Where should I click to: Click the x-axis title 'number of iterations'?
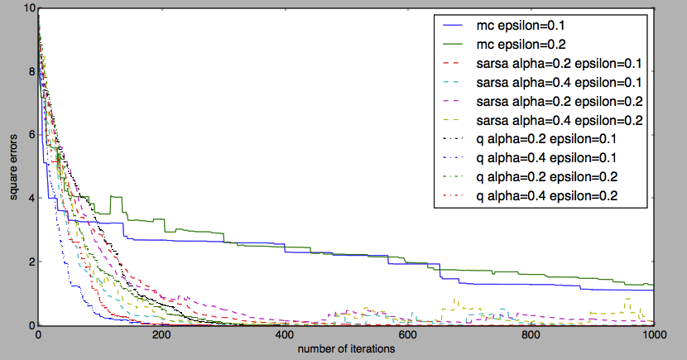pyautogui.click(x=346, y=349)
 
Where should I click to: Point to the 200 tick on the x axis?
pyautogui.click(x=161, y=335)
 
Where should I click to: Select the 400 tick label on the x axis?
pyautogui.click(x=285, y=335)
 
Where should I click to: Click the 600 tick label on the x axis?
pyautogui.click(x=407, y=335)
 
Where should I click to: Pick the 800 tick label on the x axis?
pyautogui.click(x=531, y=335)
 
